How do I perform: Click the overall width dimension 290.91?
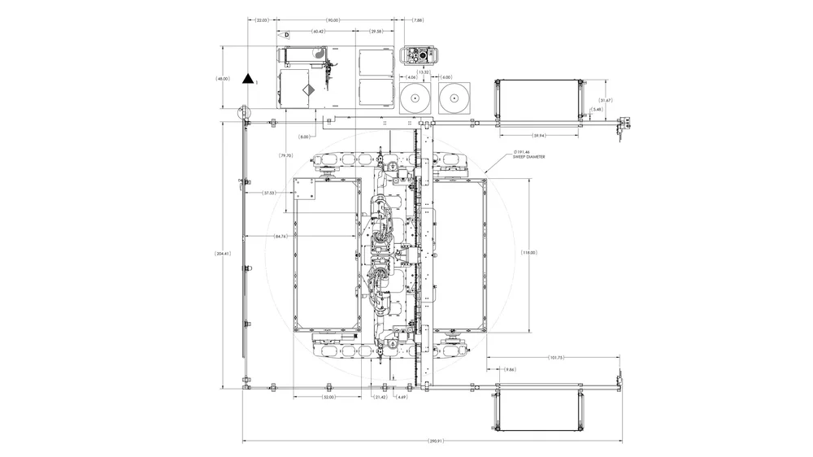[435, 441]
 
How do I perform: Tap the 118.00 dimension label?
[529, 254]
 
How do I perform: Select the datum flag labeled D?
[285, 36]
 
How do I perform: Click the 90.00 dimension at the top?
[333, 20]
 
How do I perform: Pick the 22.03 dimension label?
[262, 20]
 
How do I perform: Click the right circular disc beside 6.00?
[454, 98]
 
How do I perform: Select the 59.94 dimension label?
[538, 135]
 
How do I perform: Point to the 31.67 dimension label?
[605, 100]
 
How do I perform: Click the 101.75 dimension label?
[556, 358]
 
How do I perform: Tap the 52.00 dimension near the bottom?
[328, 398]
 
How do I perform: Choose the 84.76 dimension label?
[280, 236]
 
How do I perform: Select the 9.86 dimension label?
[509, 370]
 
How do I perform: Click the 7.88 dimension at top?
[418, 20]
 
